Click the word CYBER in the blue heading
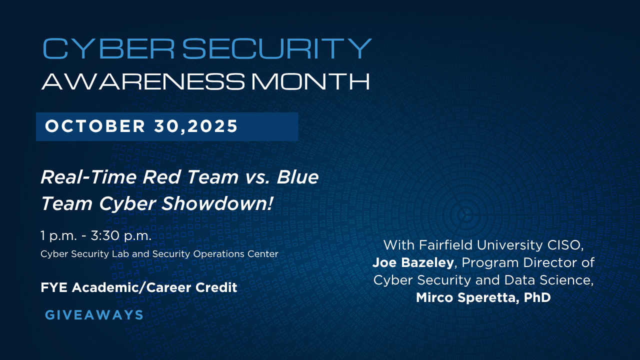click(108, 48)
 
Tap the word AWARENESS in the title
click(143, 81)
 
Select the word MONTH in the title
click(310, 81)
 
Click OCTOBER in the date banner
click(95, 126)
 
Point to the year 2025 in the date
click(212, 126)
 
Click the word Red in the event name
click(161, 177)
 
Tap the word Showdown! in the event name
click(217, 203)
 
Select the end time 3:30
click(105, 235)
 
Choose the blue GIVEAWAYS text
click(94, 315)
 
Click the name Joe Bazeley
click(413, 263)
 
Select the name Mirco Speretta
click(467, 297)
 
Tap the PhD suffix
click(537, 297)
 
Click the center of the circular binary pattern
click(465, 215)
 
